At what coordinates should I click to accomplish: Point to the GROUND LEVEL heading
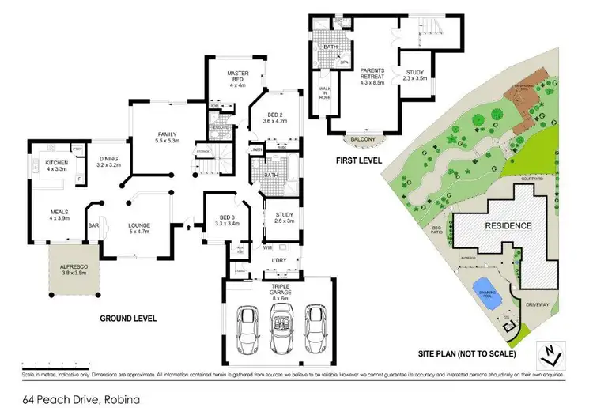pos(128,318)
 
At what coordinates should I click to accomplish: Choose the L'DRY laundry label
pos(278,260)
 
